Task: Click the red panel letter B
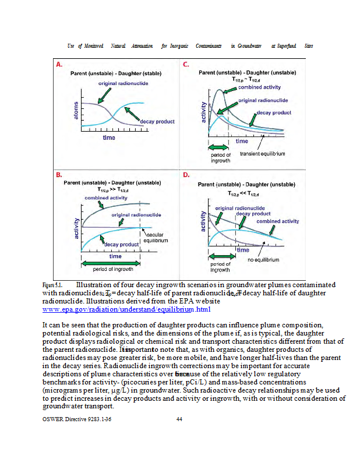tap(59, 174)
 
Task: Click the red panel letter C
tap(186, 65)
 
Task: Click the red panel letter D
tap(186, 174)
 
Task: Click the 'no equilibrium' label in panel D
tap(263, 260)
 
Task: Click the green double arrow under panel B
tap(110, 262)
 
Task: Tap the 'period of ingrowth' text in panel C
tap(220, 158)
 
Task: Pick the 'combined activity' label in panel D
tap(278, 221)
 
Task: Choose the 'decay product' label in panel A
tap(157, 122)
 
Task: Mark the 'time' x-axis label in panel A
tap(109, 137)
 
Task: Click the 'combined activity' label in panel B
tap(106, 198)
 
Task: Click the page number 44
tap(179, 419)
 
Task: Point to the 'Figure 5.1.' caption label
tap(52, 284)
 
